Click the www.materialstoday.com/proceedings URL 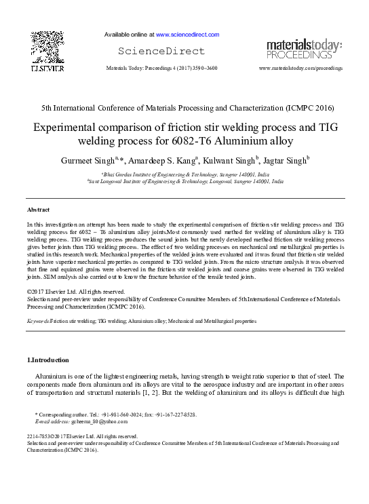(300, 69)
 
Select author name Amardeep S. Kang (157, 160)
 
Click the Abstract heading (39, 210)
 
